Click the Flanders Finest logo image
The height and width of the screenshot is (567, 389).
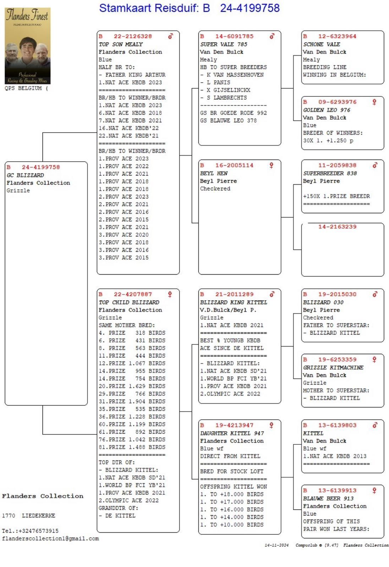(27, 46)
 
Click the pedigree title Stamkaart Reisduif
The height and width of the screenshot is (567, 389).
(189, 8)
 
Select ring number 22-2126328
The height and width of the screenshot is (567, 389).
(132, 36)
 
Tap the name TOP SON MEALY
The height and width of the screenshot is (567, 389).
(121, 44)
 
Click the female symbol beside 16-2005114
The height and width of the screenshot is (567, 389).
(272, 165)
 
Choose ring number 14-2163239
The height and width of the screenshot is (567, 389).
(337, 227)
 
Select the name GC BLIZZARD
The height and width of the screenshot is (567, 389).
(25, 175)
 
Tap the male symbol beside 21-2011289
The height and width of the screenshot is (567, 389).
(272, 294)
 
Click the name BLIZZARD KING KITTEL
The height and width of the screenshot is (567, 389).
(234, 302)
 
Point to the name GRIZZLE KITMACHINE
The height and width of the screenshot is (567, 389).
(333, 367)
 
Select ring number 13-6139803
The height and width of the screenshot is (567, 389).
(337, 425)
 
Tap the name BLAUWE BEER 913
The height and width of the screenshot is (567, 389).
(328, 498)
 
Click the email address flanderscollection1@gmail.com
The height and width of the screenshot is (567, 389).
(50, 539)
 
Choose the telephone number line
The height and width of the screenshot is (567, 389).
(30, 531)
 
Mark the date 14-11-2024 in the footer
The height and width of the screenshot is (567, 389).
(276, 545)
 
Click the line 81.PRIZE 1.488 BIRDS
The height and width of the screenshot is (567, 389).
(132, 447)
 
